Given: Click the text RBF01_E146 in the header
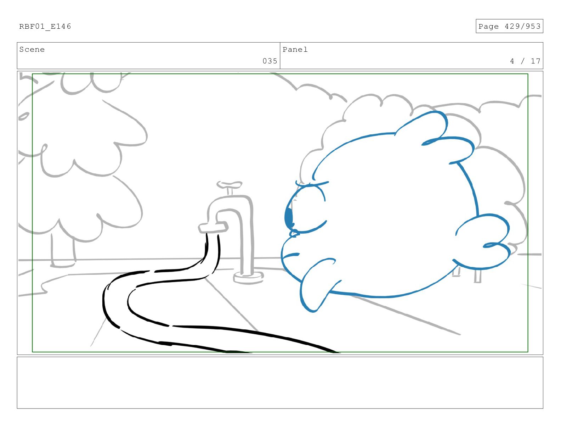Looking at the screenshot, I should click(x=45, y=27).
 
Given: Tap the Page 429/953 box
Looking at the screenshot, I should click(x=509, y=26).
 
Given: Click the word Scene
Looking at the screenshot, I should click(x=32, y=50).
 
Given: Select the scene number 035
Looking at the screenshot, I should click(x=270, y=61).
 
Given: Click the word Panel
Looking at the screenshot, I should click(x=295, y=50).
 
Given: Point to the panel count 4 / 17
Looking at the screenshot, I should click(x=525, y=61).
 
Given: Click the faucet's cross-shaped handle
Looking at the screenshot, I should click(x=229, y=185).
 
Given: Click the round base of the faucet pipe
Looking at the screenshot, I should click(x=248, y=277).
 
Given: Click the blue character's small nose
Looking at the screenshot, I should click(x=294, y=233).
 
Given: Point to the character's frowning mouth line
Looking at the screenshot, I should click(x=291, y=255).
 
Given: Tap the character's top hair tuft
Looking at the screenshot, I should click(x=425, y=124).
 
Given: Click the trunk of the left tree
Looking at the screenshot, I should click(x=63, y=250).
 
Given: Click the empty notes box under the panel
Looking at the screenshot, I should click(x=280, y=383).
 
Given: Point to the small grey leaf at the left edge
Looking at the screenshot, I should click(x=24, y=116).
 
